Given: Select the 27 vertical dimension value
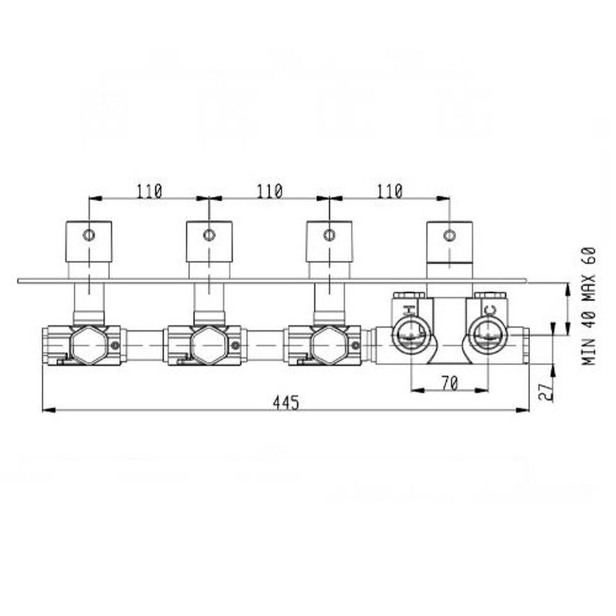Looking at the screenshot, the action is pyautogui.click(x=546, y=391).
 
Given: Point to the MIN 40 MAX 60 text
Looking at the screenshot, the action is pyautogui.click(x=588, y=306).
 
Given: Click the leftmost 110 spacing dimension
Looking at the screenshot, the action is pyautogui.click(x=150, y=191).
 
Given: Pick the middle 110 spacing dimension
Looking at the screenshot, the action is pyautogui.click(x=269, y=191).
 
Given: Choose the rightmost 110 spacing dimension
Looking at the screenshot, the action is pyautogui.click(x=390, y=191).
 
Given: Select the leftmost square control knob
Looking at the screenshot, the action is pyautogui.click(x=89, y=241).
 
